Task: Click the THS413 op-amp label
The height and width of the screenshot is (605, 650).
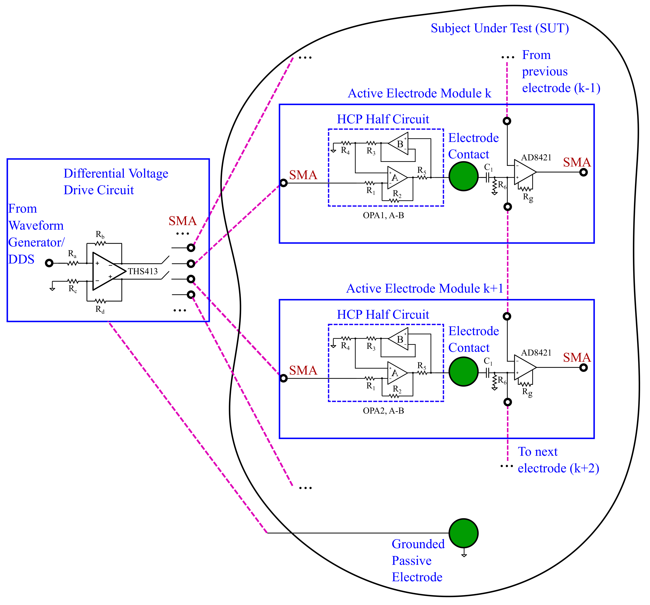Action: pyautogui.click(x=143, y=271)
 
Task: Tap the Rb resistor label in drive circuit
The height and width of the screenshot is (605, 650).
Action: pyautogui.click(x=100, y=234)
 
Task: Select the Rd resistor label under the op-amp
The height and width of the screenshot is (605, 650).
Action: pyautogui.click(x=100, y=309)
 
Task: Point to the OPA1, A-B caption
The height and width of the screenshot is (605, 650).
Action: pyautogui.click(x=383, y=216)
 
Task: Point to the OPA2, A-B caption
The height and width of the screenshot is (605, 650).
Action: pyautogui.click(x=383, y=411)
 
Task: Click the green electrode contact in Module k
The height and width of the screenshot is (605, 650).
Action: pyautogui.click(x=463, y=177)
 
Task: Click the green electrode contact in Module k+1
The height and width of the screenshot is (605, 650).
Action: pyautogui.click(x=463, y=372)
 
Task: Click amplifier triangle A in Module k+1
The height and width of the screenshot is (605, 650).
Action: pyautogui.click(x=396, y=373)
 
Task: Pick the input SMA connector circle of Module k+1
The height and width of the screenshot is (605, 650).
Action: pyautogui.click(x=283, y=378)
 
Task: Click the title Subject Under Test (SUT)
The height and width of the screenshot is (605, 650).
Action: pyautogui.click(x=500, y=29)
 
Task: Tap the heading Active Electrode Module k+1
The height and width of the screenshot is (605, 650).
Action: pyautogui.click(x=424, y=288)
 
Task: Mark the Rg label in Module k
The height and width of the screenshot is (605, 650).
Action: pyautogui.click(x=528, y=197)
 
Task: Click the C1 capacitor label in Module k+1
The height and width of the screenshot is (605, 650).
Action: pyautogui.click(x=488, y=361)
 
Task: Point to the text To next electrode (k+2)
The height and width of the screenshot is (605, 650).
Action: pyautogui.click(x=558, y=460)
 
